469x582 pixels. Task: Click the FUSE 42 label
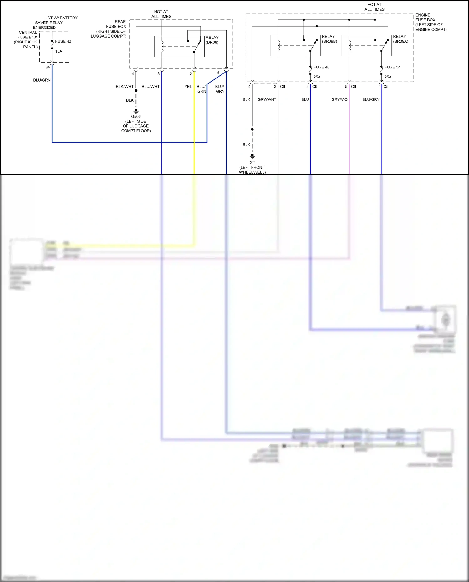(x=63, y=41)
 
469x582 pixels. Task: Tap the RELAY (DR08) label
(x=212, y=40)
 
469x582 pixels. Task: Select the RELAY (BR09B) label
(x=329, y=39)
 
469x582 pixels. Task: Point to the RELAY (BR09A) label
(x=400, y=39)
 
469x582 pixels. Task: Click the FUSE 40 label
(x=321, y=67)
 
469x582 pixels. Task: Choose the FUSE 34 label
(x=392, y=67)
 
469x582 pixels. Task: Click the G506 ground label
(x=136, y=117)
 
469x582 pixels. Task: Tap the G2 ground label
(x=252, y=163)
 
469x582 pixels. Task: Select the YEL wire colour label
(x=188, y=87)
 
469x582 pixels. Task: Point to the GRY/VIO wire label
(x=339, y=99)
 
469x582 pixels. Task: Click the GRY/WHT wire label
(x=267, y=99)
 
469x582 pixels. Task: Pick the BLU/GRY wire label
(x=371, y=99)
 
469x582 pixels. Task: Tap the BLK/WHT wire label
(x=125, y=87)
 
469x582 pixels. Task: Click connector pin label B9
(x=48, y=67)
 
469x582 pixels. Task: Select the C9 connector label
(x=315, y=87)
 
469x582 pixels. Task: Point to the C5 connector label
(x=386, y=87)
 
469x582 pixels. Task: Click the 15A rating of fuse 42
(x=59, y=51)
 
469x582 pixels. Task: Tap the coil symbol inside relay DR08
(x=162, y=46)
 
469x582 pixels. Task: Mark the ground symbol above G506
(x=136, y=111)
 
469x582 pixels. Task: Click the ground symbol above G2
(x=252, y=156)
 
